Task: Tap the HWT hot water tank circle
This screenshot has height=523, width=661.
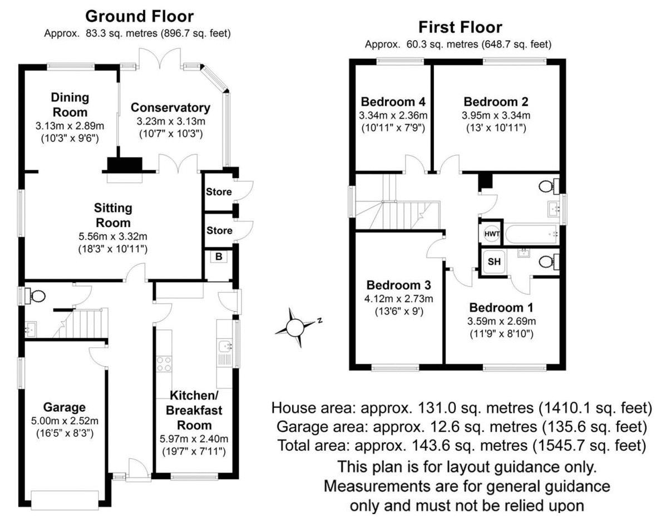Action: (x=492, y=234)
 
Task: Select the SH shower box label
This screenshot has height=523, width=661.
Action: (x=494, y=261)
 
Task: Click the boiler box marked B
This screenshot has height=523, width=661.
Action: (x=219, y=256)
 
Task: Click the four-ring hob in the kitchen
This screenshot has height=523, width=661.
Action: (x=164, y=364)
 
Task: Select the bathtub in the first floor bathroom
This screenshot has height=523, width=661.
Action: (x=531, y=233)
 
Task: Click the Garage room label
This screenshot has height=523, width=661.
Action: (x=65, y=407)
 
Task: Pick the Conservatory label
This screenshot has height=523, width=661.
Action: (x=170, y=107)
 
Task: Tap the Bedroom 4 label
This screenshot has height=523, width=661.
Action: (x=393, y=102)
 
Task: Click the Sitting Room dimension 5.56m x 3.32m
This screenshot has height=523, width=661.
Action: (x=113, y=236)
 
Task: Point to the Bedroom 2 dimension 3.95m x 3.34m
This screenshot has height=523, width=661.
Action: (x=496, y=115)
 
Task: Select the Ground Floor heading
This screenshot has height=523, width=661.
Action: (x=140, y=17)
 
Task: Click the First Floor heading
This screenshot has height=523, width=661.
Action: (x=460, y=27)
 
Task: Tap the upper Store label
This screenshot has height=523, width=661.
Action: (x=219, y=192)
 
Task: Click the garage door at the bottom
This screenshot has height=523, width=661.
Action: (x=65, y=499)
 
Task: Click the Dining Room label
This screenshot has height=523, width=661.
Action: (x=70, y=105)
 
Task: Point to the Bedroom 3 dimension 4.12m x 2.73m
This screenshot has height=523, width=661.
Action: (x=398, y=299)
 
